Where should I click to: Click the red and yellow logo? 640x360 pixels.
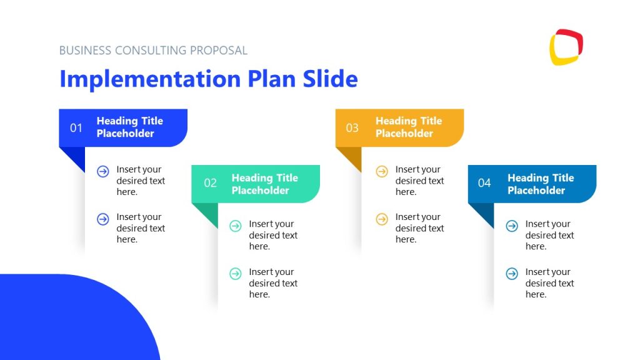click(x=566, y=47)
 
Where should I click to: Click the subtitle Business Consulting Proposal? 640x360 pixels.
click(x=153, y=51)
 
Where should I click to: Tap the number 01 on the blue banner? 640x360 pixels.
click(x=76, y=128)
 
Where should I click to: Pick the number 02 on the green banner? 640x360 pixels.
click(x=211, y=183)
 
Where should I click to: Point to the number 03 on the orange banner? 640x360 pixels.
click(x=352, y=128)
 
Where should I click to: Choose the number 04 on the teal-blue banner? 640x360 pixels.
click(x=484, y=183)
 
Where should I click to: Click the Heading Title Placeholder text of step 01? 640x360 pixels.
click(x=129, y=127)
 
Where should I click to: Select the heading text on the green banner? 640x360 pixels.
click(x=264, y=184)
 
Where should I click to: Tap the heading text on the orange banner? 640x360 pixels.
click(x=408, y=127)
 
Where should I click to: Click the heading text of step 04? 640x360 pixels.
click(x=540, y=184)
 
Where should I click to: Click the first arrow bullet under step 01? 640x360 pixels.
click(x=103, y=171)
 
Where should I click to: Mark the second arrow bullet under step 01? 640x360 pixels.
click(x=103, y=219)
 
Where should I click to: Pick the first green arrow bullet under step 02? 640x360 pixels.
click(x=236, y=226)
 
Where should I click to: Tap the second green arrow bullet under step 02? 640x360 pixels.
click(x=236, y=274)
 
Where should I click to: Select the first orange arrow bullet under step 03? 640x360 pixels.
click(x=382, y=171)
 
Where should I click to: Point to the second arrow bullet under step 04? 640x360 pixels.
click(x=512, y=274)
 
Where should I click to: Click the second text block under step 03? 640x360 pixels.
click(x=419, y=228)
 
